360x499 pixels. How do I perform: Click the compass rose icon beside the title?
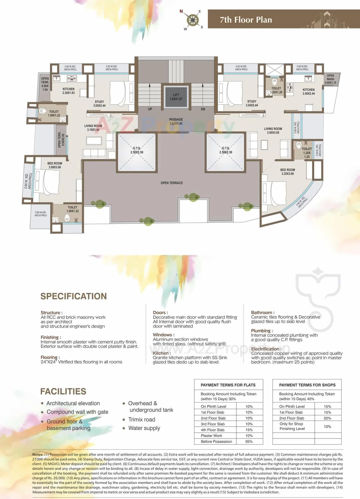[x=192, y=20]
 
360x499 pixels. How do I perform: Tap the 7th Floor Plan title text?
[x=246, y=20]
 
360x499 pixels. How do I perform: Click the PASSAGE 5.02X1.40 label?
[x=176, y=121]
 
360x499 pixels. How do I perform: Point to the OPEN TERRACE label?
[x=172, y=183]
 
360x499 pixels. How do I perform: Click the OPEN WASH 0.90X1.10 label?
[x=330, y=79]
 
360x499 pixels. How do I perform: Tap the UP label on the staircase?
[x=150, y=109]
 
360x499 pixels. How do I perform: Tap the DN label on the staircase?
[x=203, y=109]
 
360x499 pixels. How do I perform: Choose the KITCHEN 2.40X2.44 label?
[x=309, y=91]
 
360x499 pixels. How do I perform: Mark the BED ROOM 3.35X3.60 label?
[x=287, y=172]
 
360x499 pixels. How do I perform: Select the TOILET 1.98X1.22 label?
[x=73, y=209]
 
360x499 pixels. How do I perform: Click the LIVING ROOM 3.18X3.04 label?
[x=93, y=128]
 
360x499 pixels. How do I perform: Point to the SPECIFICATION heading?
[x=74, y=296]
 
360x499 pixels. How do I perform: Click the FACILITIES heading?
[x=63, y=391]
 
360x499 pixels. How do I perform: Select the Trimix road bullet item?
[x=142, y=419]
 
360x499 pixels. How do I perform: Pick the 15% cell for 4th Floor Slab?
[x=249, y=430]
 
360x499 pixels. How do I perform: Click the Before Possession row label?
[x=216, y=442]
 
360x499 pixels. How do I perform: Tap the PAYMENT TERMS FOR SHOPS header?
[x=307, y=385]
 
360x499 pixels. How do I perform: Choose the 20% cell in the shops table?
[x=327, y=418]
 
